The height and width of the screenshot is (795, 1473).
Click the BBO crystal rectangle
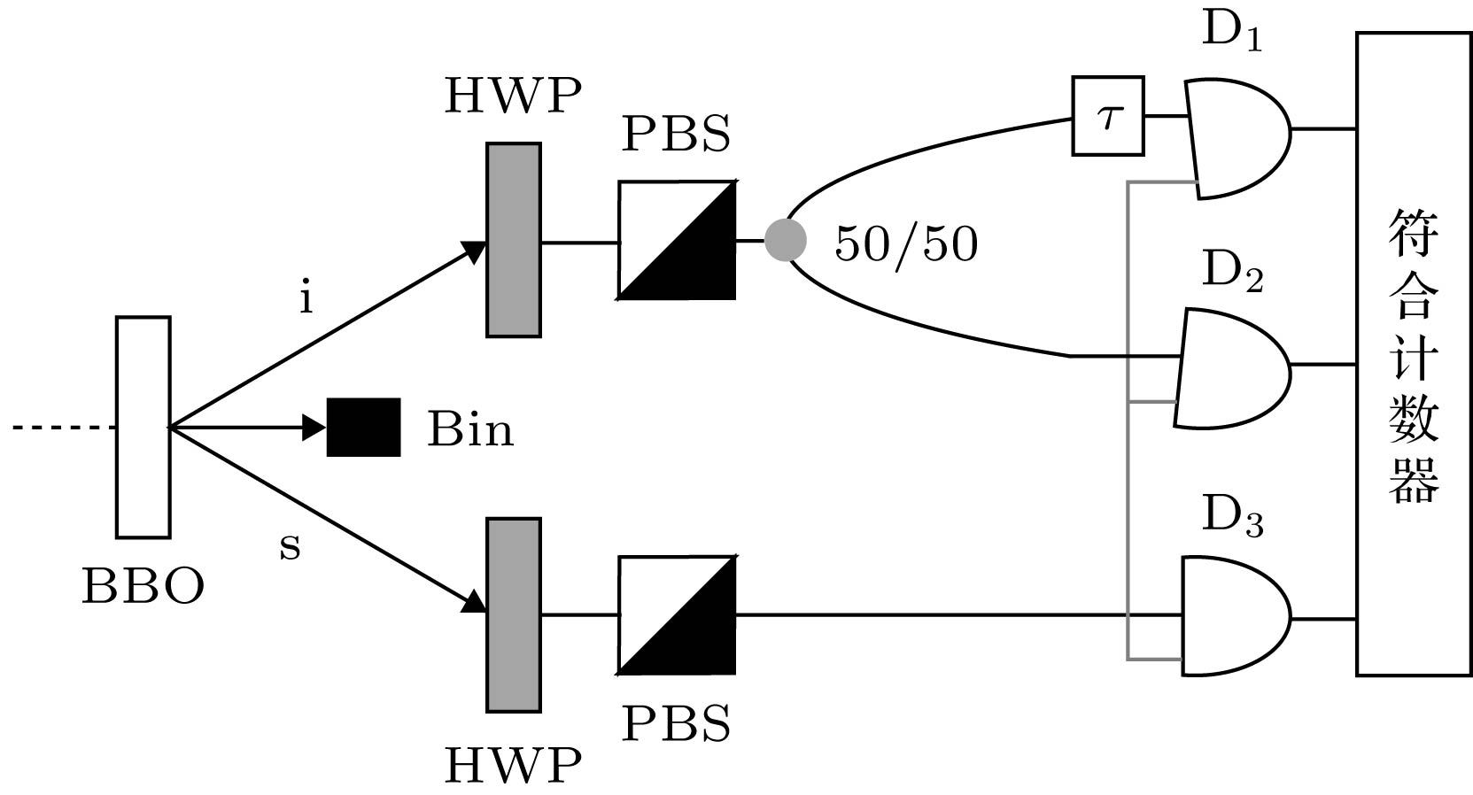pos(143,427)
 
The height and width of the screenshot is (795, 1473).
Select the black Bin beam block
pos(363,428)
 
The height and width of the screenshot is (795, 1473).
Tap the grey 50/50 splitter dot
pos(786,240)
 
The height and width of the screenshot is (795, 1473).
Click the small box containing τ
pos(1107,116)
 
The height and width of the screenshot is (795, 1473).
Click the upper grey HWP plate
pos(514,240)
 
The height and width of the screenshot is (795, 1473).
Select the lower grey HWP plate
pos(514,614)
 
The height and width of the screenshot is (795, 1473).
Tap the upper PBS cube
pos(677,240)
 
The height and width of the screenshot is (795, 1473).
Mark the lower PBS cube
pos(677,614)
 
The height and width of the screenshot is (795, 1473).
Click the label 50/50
pos(906,243)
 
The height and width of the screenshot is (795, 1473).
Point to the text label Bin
pos(470,429)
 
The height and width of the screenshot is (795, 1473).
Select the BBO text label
pos(143,586)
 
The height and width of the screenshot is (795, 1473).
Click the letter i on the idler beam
pos(306,298)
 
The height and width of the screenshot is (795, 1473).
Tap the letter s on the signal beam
pos(290,546)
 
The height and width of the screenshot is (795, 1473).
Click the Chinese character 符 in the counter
pos(1414,233)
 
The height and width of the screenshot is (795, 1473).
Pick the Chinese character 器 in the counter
pos(1414,478)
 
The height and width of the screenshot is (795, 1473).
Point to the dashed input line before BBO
pos(62,428)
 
